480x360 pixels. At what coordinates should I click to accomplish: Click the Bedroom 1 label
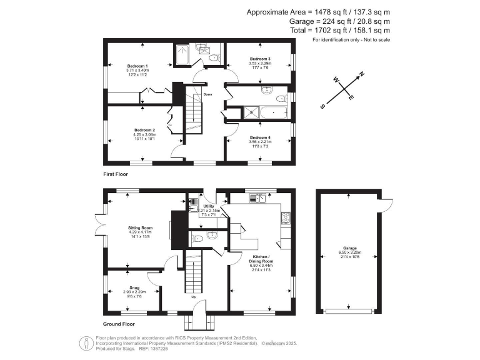click(137, 66)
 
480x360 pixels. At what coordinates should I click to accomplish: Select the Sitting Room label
click(141, 228)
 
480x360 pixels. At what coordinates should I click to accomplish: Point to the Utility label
click(208, 206)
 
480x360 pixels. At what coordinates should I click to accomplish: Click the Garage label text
click(349, 248)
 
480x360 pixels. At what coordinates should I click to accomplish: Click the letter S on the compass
click(322, 106)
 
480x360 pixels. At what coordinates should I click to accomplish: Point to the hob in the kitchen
click(287, 217)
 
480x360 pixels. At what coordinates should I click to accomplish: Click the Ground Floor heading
click(119, 324)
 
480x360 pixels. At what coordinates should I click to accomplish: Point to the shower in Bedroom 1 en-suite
click(183, 55)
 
